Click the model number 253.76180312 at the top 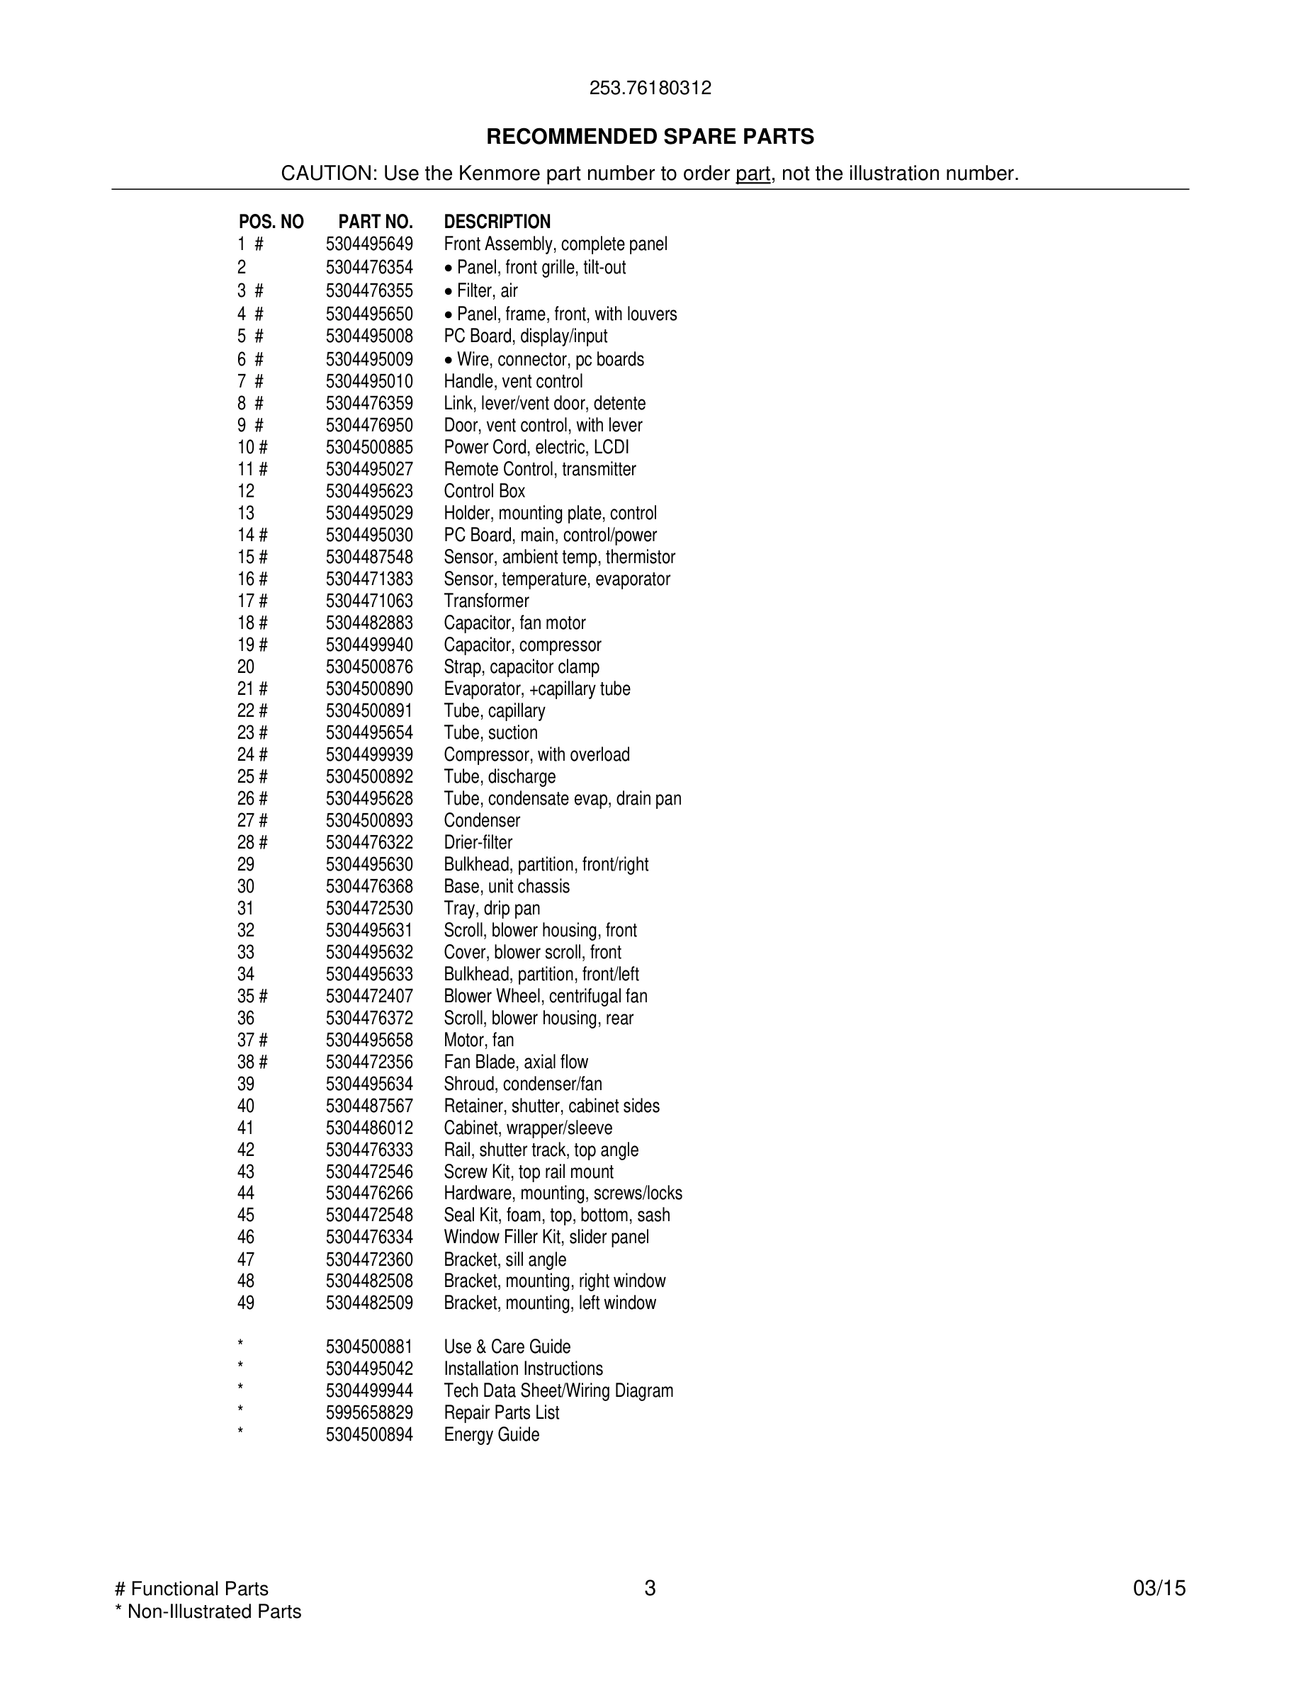point(650,89)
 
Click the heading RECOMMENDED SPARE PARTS point(650,137)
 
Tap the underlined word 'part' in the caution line point(753,174)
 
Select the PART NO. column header point(376,222)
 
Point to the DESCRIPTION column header point(497,222)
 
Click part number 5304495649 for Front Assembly point(369,244)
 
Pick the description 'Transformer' point(486,601)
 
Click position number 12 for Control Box point(246,492)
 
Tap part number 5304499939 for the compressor point(369,755)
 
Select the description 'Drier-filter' point(478,843)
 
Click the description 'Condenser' point(482,821)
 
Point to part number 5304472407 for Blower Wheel point(369,997)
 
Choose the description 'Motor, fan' point(478,1041)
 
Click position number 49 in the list point(246,1303)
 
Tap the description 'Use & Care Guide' point(507,1347)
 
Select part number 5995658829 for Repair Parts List point(369,1413)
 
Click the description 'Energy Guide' point(492,1435)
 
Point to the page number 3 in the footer point(650,1588)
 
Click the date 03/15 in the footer point(1159,1588)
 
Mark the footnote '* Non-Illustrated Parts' point(208,1611)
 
